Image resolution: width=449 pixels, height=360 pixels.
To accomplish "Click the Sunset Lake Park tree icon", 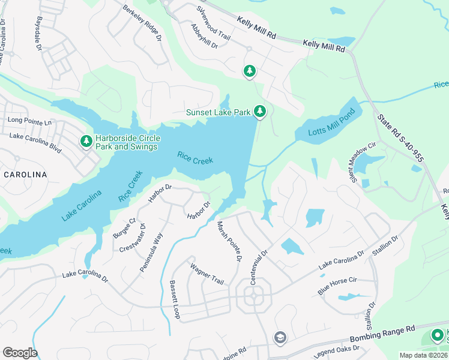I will click(260, 111).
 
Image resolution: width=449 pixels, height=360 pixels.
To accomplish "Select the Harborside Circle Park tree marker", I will click(86, 141).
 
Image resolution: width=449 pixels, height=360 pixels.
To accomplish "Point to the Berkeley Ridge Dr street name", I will click(142, 23).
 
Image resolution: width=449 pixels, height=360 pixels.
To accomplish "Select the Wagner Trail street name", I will click(206, 274).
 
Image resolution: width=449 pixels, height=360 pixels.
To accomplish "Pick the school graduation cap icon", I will click(279, 338).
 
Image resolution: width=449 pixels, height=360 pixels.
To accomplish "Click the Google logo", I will click(20, 352).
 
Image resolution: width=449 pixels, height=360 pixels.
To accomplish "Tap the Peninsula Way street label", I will click(151, 253).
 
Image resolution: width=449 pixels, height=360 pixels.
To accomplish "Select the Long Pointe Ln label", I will click(30, 121).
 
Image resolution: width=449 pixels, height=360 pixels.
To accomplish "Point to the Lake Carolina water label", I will click(82, 205).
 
